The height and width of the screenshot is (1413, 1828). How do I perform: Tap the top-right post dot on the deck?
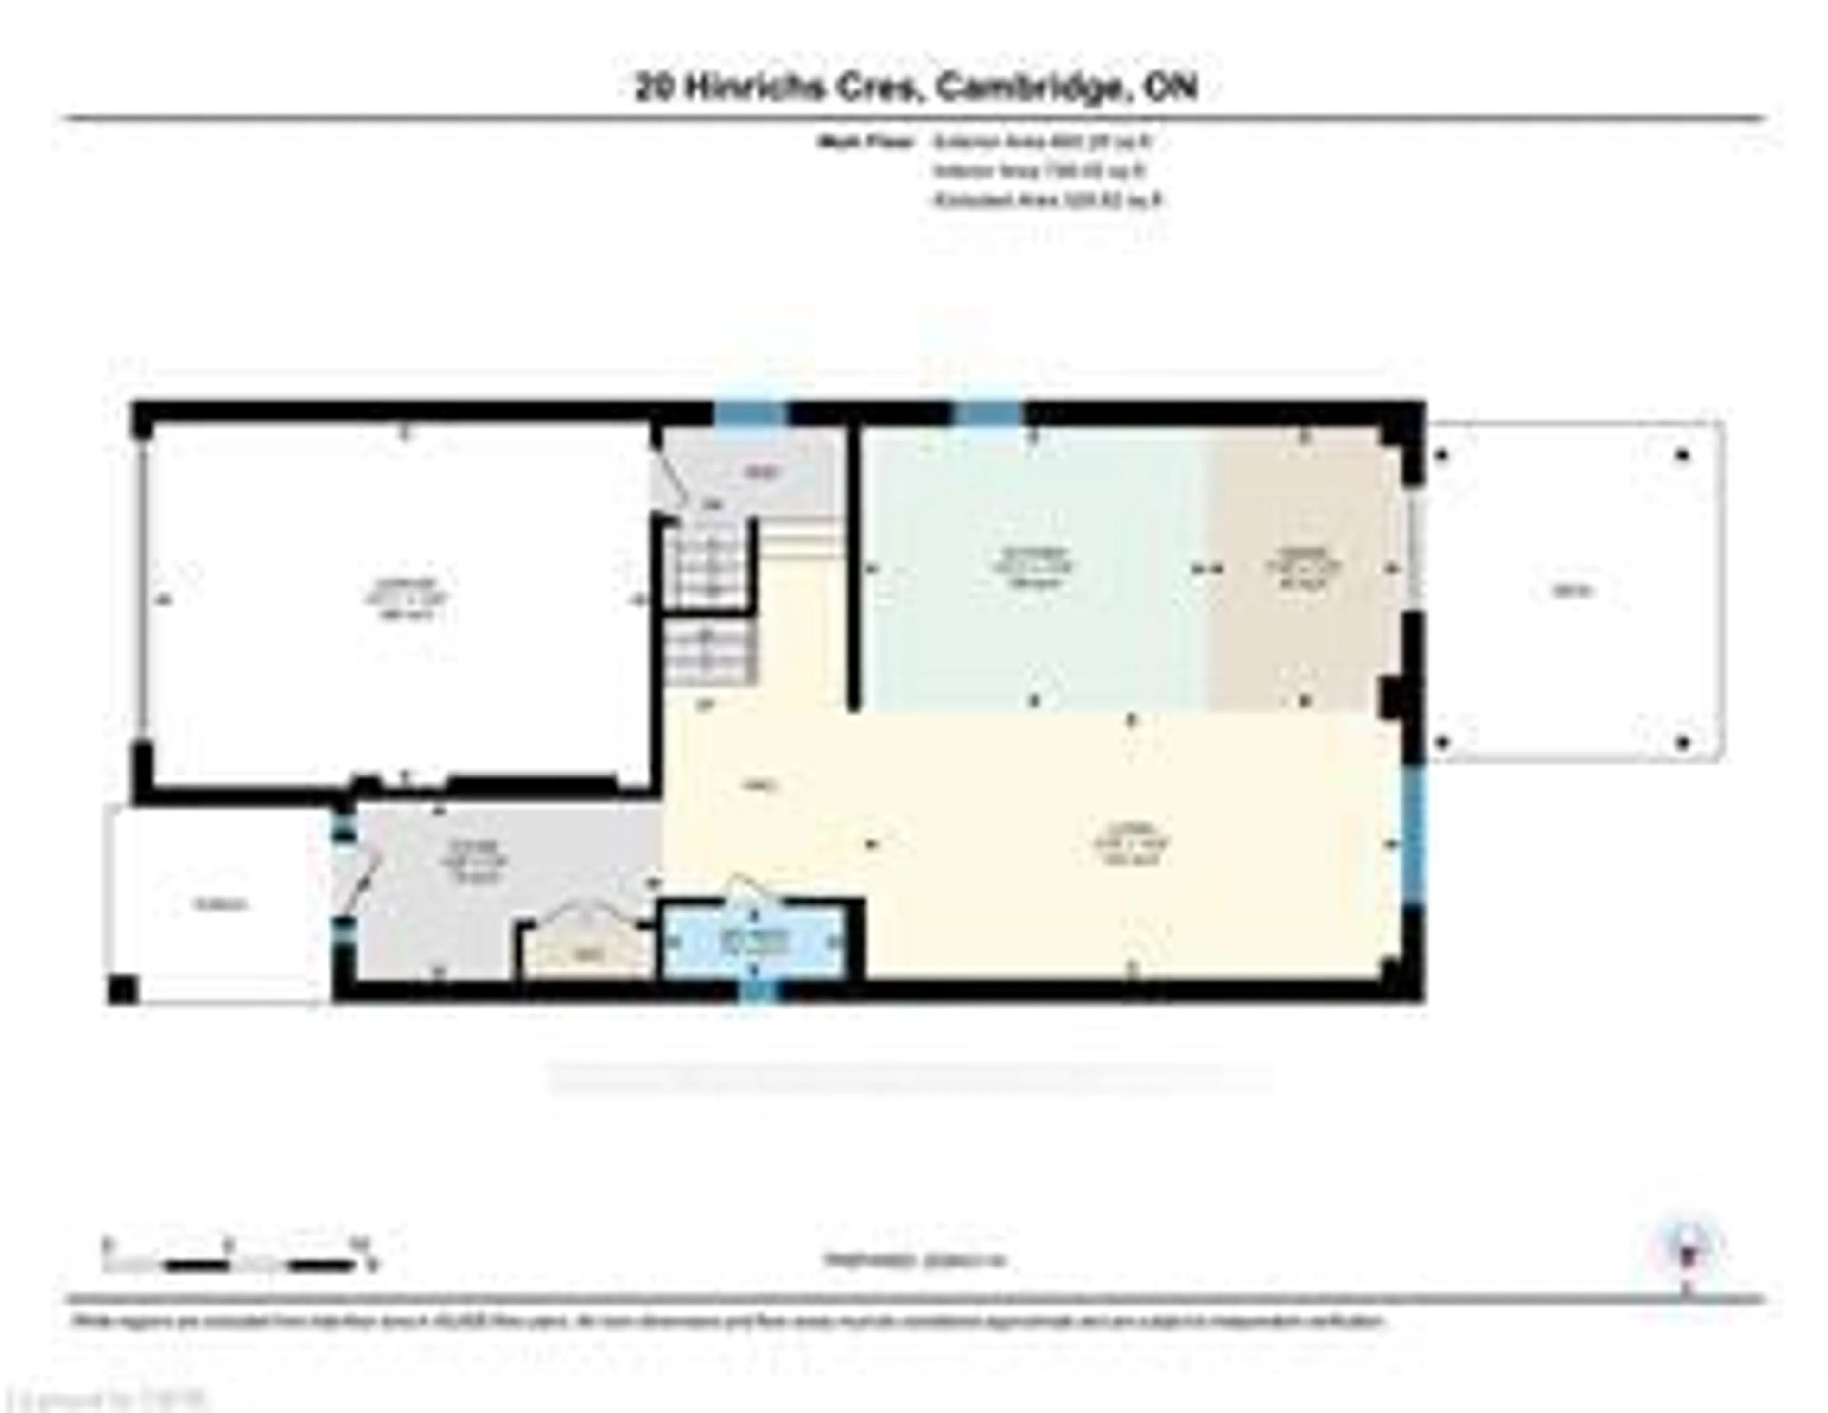coord(1682,455)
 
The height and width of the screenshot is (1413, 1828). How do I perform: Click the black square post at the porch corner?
coord(122,990)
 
